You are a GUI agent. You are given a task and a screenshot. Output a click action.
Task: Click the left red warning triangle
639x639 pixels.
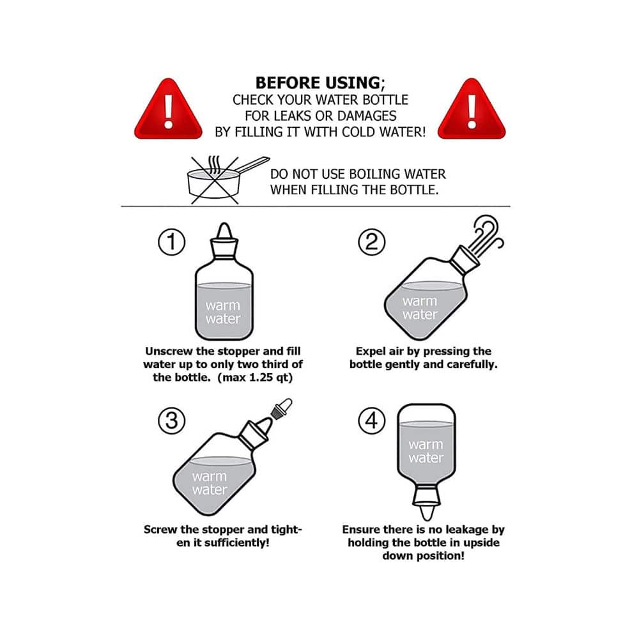pos(168,111)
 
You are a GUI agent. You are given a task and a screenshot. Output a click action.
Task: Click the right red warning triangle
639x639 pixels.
pos(472,111)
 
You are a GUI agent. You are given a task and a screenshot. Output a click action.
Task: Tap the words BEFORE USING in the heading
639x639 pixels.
pos(318,82)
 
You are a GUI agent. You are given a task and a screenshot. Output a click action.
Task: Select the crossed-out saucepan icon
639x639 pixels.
pos(227,180)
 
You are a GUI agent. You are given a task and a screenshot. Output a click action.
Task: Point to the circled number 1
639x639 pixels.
pos(171,242)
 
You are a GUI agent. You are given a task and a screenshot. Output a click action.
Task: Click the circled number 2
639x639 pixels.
pos(372,242)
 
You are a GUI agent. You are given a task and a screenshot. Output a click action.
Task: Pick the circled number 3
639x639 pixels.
pos(171,420)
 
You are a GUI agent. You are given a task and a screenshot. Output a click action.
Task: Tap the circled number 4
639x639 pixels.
pos(372,420)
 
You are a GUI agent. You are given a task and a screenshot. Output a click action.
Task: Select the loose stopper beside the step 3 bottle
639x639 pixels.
pos(282,408)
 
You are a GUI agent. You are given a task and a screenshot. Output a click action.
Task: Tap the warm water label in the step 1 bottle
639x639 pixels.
pos(223,312)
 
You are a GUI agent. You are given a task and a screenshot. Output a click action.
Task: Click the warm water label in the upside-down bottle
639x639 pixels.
pos(426,450)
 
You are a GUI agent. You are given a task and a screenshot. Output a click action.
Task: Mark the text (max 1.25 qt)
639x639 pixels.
pos(255,378)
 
